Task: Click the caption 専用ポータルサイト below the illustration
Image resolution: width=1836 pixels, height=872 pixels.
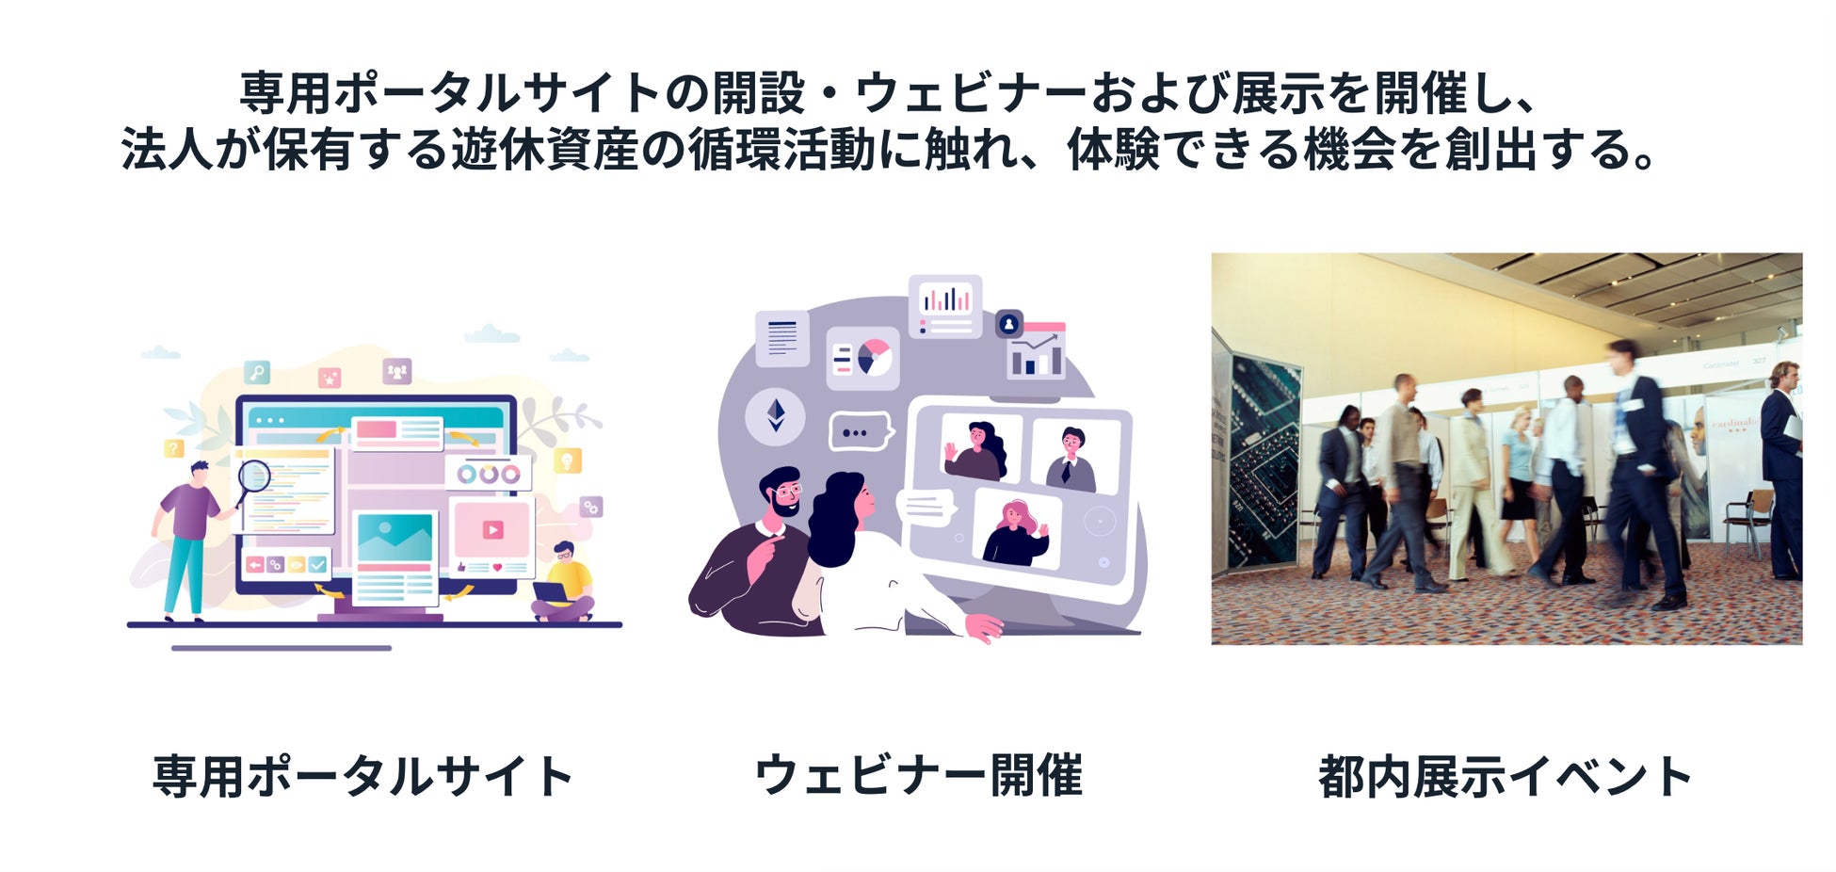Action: coord(363,776)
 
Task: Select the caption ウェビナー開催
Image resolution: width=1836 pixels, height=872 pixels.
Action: coord(919,776)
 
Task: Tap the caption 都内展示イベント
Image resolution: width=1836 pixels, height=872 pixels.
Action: coord(1506,776)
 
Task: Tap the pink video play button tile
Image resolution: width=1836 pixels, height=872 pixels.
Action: coord(492,530)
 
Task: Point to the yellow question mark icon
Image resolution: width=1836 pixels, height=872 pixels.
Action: coord(174,448)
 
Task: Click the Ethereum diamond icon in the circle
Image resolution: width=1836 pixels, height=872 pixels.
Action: coord(776,415)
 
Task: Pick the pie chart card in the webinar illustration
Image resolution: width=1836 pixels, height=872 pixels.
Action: coord(862,358)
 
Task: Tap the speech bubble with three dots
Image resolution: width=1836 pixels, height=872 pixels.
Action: coord(859,432)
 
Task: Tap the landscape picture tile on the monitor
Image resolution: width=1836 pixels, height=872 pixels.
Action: coord(395,536)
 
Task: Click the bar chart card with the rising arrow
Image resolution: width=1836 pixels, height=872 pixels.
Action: coord(1036,350)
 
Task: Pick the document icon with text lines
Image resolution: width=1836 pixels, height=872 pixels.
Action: coord(782,338)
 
